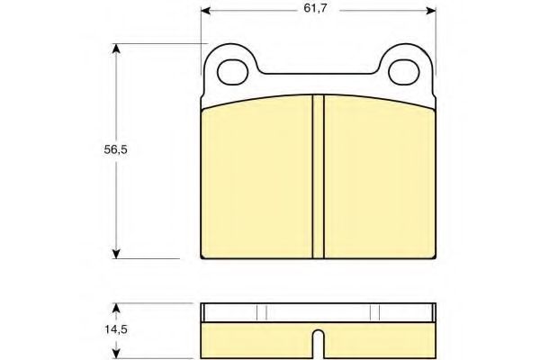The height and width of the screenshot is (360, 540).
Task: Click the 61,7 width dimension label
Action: (x=315, y=9)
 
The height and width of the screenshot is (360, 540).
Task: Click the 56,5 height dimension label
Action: (x=116, y=149)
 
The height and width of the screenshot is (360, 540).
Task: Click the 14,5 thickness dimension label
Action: (x=116, y=329)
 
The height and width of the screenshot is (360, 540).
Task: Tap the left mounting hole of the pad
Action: (x=233, y=72)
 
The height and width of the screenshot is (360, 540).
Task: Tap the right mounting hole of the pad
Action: (x=403, y=72)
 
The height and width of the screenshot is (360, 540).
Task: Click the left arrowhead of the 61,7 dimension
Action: (x=205, y=11)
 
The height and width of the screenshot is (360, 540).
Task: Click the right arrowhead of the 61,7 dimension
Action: (x=431, y=11)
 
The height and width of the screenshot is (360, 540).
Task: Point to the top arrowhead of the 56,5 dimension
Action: (x=116, y=49)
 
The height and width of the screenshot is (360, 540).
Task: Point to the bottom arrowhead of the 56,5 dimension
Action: (x=116, y=254)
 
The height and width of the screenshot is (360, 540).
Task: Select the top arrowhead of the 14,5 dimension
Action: (x=116, y=308)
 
